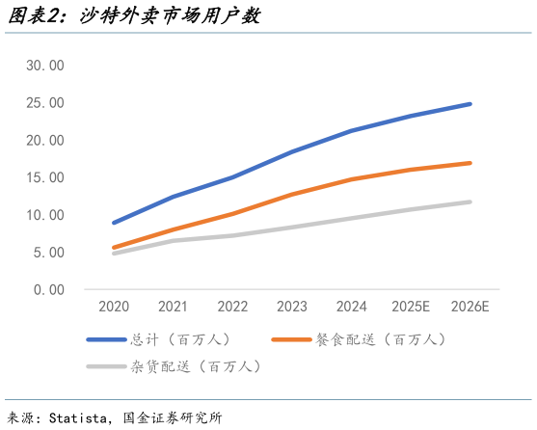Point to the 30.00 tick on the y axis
pyautogui.click(x=44, y=66)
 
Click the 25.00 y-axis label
pyautogui.click(x=44, y=103)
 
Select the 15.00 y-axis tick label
pyautogui.click(x=44, y=177)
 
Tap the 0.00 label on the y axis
pyautogui.click(x=48, y=289)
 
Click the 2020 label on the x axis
pyautogui.click(x=114, y=307)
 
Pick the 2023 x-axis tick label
pyautogui.click(x=292, y=307)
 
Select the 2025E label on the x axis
pyautogui.click(x=411, y=307)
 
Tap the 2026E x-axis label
pyautogui.click(x=470, y=307)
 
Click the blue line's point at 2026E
pyautogui.click(x=470, y=104)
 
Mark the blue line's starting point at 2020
pyautogui.click(x=114, y=223)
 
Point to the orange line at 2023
pyautogui.click(x=292, y=194)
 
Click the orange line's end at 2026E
pyautogui.click(x=470, y=163)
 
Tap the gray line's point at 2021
pyautogui.click(x=174, y=240)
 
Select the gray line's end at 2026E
pyautogui.click(x=470, y=202)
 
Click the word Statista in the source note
pyautogui.click(x=77, y=417)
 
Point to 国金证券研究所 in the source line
pyautogui.click(x=173, y=417)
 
